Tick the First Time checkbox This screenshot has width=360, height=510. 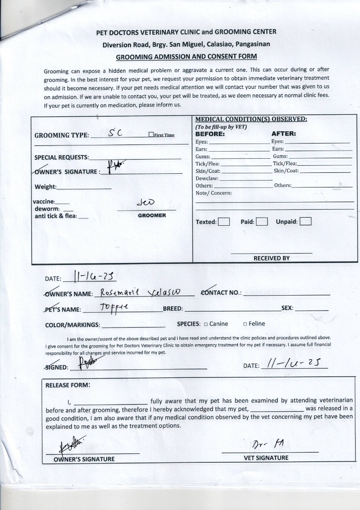(x=151, y=135)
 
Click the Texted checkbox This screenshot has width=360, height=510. (x=224, y=221)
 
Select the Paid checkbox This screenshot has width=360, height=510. (x=262, y=221)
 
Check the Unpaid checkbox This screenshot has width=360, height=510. (x=306, y=221)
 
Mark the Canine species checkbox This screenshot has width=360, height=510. (x=206, y=324)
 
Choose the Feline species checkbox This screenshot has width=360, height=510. (x=245, y=324)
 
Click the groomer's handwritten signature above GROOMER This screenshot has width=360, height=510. (x=145, y=203)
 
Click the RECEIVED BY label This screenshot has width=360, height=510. (x=272, y=258)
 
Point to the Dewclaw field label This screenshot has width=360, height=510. (x=207, y=178)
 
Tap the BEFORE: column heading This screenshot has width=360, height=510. (x=210, y=134)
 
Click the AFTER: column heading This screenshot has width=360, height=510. (x=283, y=134)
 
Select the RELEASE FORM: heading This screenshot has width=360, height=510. (x=68, y=385)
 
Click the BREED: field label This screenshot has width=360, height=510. (x=173, y=308)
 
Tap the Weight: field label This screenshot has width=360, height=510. (x=45, y=187)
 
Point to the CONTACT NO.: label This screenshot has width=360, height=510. (x=221, y=293)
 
